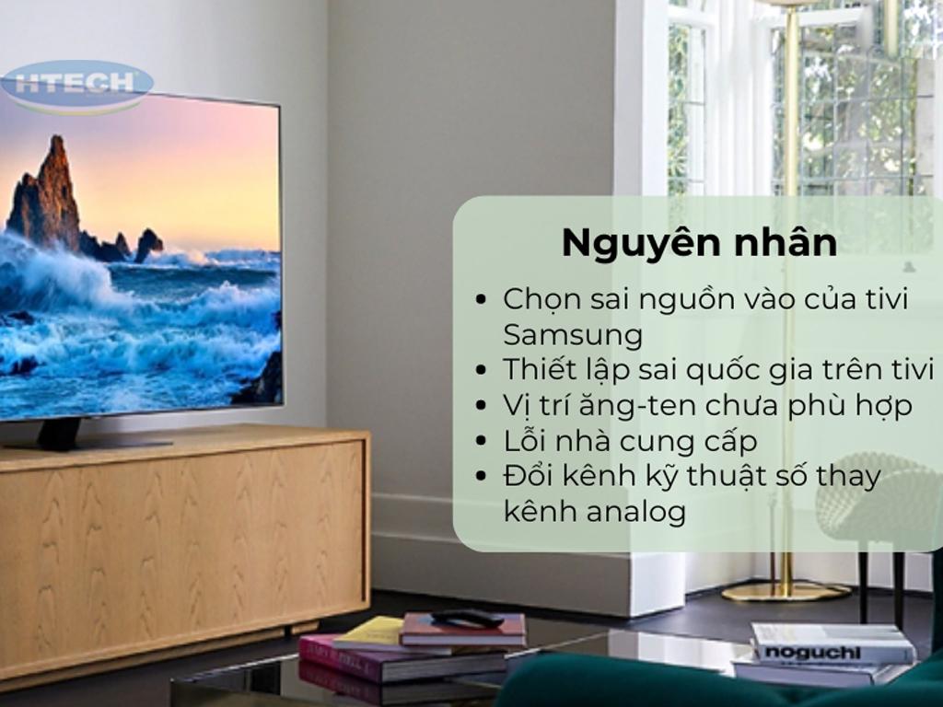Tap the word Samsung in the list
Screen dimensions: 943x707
pyautogui.click(x=573, y=335)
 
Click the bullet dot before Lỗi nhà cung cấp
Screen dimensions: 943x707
pyautogui.click(x=480, y=441)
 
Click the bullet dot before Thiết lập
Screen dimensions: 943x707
pyautogui.click(x=480, y=370)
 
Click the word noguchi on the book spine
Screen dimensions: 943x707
pyautogui.click(x=812, y=653)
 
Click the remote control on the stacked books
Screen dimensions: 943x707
pyautogui.click(x=467, y=619)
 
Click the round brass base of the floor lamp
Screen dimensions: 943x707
pyautogui.click(x=786, y=592)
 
